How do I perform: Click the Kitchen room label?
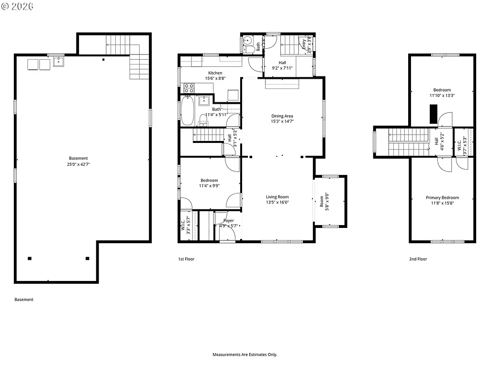pyautogui.click(x=215, y=73)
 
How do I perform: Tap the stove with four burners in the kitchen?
pyautogui.click(x=189, y=88)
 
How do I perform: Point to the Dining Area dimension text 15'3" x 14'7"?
pyautogui.click(x=282, y=121)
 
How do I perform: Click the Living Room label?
pyautogui.click(x=278, y=197)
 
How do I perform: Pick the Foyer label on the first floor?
pyautogui.click(x=228, y=221)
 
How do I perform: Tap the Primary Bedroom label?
pyautogui.click(x=442, y=198)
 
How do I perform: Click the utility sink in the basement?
pyautogui.click(x=58, y=61)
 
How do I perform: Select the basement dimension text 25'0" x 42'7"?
pyautogui.click(x=78, y=164)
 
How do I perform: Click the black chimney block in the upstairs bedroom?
pyautogui.click(x=433, y=114)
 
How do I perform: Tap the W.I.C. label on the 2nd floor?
pyautogui.click(x=459, y=142)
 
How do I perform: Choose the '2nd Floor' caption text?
pyautogui.click(x=418, y=259)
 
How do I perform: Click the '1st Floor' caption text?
pyautogui.click(x=186, y=259)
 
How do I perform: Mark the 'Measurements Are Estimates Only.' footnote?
pyautogui.click(x=245, y=355)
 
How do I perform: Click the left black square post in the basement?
pyautogui.click(x=30, y=259)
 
